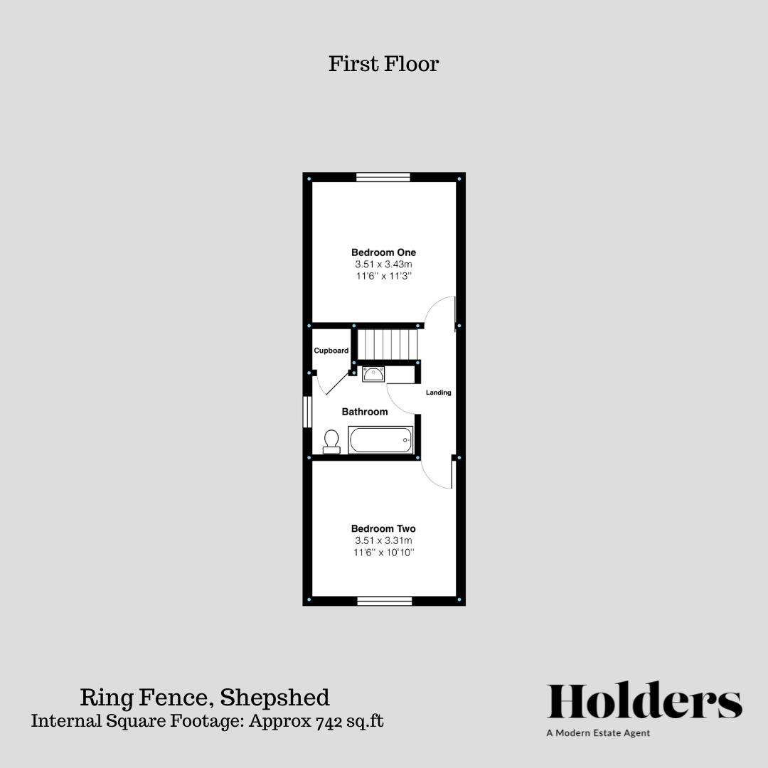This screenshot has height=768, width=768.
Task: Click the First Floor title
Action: pos(383,63)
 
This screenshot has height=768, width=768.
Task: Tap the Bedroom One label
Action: pos(383,252)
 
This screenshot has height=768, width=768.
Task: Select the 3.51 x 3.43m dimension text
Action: pos(383,265)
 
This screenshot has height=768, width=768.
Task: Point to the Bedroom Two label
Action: pos(383,529)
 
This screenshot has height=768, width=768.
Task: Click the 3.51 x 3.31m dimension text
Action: pos(383,540)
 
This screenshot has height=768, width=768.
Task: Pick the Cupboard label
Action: pos(331,351)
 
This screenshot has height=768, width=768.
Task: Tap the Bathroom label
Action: pos(365,412)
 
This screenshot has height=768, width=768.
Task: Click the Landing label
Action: pos(438,393)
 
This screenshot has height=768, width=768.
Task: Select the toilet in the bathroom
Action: pos(331,442)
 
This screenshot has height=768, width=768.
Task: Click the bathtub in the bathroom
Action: pos(380,440)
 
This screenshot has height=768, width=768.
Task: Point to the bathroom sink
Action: pos(373,373)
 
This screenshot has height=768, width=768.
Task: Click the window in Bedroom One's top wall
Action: pos(383,177)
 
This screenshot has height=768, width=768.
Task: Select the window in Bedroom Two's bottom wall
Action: pos(384,602)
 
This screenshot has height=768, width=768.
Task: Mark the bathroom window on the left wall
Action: pos(307,412)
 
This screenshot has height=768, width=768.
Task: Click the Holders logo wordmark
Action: pos(644,702)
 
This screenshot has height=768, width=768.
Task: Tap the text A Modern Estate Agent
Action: pos(598,733)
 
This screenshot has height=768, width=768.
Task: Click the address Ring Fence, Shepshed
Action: pos(205,696)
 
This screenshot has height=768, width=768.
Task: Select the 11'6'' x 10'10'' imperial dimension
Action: pos(383,553)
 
